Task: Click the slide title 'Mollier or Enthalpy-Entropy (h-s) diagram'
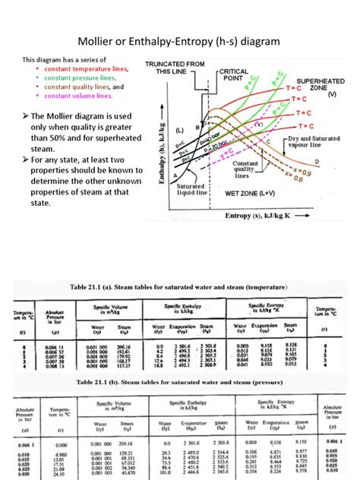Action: point(179,39)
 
